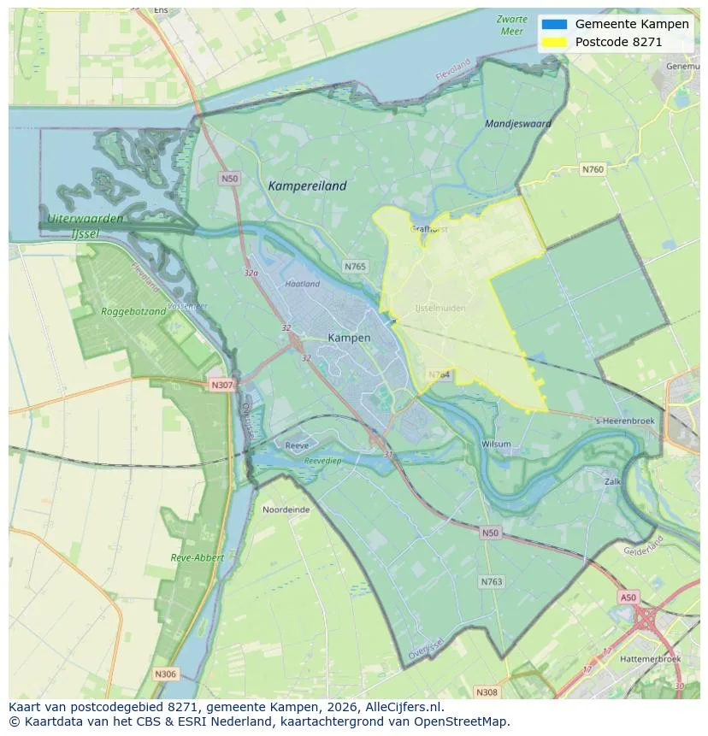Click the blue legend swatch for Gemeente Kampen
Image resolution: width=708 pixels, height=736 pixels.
click(554, 25)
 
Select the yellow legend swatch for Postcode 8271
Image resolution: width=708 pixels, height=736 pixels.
click(554, 42)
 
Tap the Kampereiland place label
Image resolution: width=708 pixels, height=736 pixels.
click(308, 185)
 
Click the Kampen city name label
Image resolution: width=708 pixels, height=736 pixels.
click(349, 338)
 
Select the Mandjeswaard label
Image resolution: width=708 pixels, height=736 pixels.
click(518, 124)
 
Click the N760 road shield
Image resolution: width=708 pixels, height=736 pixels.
click(593, 169)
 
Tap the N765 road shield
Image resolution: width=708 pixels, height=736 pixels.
click(355, 267)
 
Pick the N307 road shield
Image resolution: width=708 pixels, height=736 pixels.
click(221, 385)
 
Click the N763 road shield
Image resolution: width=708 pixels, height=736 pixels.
click(492, 581)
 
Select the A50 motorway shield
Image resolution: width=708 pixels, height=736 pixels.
click(628, 598)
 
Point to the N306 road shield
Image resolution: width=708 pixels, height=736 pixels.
click(166, 674)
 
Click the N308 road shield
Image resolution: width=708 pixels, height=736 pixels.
click(487, 692)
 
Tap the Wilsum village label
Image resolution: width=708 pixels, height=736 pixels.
click(496, 445)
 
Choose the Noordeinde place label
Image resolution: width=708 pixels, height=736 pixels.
click(286, 509)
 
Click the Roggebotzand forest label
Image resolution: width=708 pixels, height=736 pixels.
click(133, 312)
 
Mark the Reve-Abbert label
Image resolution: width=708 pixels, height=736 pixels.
click(197, 557)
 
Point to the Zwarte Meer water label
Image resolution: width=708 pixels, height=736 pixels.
click(511, 25)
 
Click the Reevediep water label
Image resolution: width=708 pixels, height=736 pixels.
click(322, 461)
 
